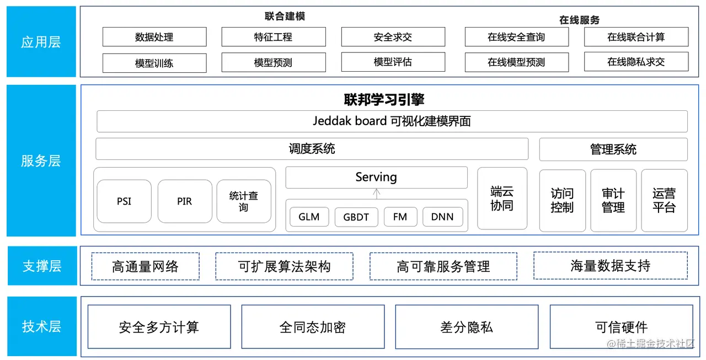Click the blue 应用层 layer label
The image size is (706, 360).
pyautogui.click(x=41, y=42)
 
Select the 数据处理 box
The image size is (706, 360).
pyautogui.click(x=154, y=37)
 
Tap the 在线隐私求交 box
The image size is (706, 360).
pyautogui.click(x=636, y=62)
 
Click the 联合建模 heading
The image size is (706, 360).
pyautogui.click(x=285, y=17)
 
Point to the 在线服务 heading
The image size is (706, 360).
pyautogui.click(x=579, y=20)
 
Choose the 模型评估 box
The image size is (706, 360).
pyautogui.click(x=393, y=62)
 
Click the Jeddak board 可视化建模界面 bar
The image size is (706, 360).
pyautogui.click(x=392, y=121)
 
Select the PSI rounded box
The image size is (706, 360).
pyautogui.click(x=124, y=201)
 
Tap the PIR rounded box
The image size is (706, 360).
pyautogui.click(x=184, y=201)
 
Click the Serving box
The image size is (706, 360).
pyautogui.click(x=376, y=178)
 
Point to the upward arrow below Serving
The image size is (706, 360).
pyautogui.click(x=377, y=194)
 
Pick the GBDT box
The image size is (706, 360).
pyautogui.click(x=356, y=217)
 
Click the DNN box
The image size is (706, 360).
pyautogui.click(x=442, y=217)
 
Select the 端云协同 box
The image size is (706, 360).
pyautogui.click(x=502, y=198)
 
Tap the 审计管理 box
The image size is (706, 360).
pyautogui.click(x=613, y=201)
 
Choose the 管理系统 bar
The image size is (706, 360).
pyautogui.click(x=613, y=149)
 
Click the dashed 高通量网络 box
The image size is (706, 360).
pyautogui.click(x=145, y=266)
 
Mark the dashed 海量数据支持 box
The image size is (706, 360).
pyautogui.click(x=610, y=266)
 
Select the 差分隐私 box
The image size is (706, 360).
pyautogui.click(x=466, y=327)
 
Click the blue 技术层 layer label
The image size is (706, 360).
pyautogui.click(x=41, y=326)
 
